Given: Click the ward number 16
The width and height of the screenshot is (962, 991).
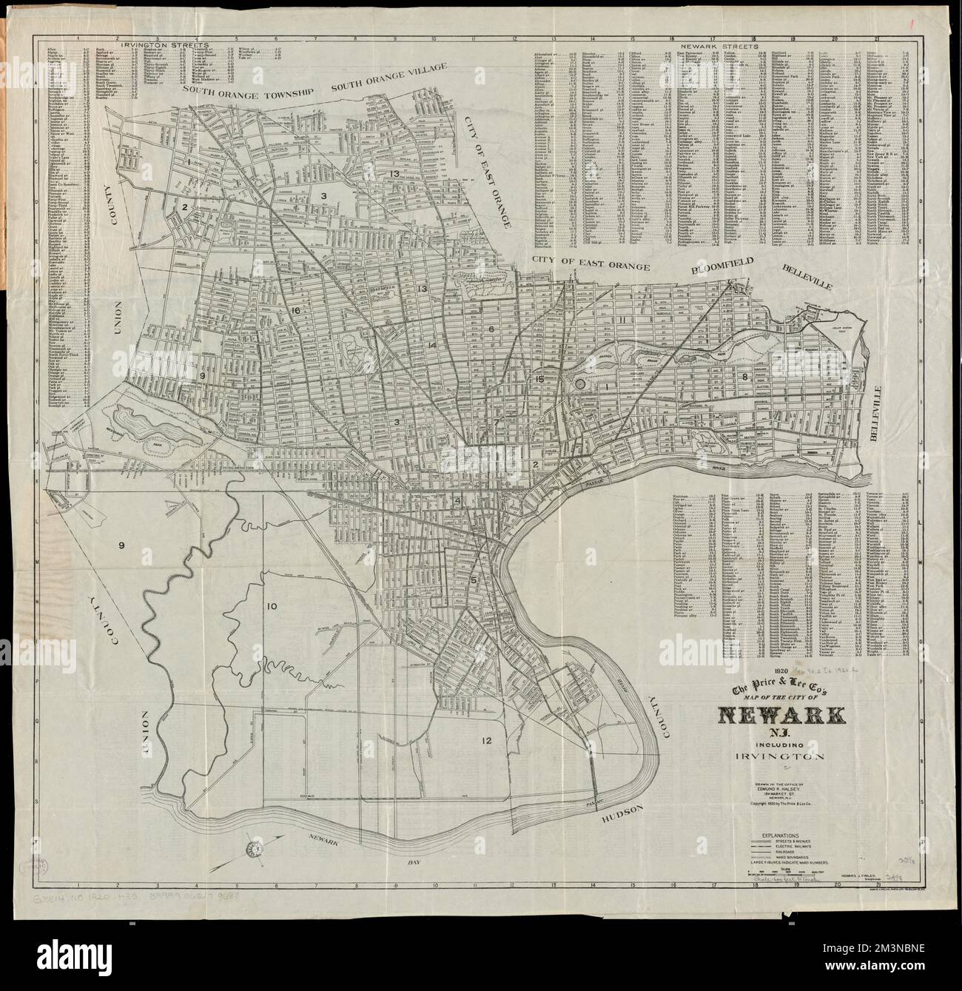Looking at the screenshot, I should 296,310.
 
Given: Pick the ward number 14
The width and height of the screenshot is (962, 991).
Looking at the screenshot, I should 431,346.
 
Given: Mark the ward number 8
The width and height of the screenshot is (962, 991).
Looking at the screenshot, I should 744,377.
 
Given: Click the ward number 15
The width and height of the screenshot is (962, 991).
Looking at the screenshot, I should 540,380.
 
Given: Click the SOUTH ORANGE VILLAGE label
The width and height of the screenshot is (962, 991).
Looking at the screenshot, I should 390,78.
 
